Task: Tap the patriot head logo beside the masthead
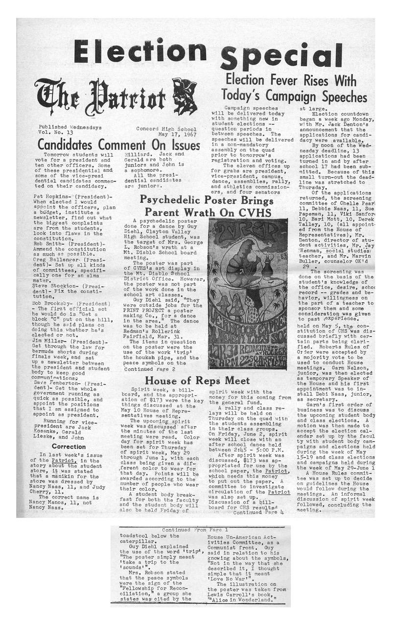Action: point(185,96)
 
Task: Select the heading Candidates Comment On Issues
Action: point(119,145)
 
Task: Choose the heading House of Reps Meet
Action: point(197,381)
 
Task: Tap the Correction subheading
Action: point(69,446)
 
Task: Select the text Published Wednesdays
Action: point(70,127)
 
